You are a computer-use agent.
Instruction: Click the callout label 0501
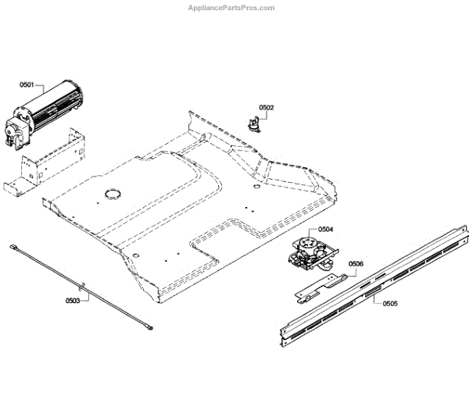(27, 86)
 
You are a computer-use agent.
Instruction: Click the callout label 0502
(267, 107)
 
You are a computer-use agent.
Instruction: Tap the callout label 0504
(325, 230)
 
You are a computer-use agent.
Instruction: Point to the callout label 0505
(391, 303)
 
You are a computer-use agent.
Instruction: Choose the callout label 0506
(356, 264)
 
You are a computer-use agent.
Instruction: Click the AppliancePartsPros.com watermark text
(231, 8)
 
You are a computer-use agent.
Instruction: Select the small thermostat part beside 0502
(254, 120)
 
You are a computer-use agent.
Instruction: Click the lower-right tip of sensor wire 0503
(147, 329)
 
